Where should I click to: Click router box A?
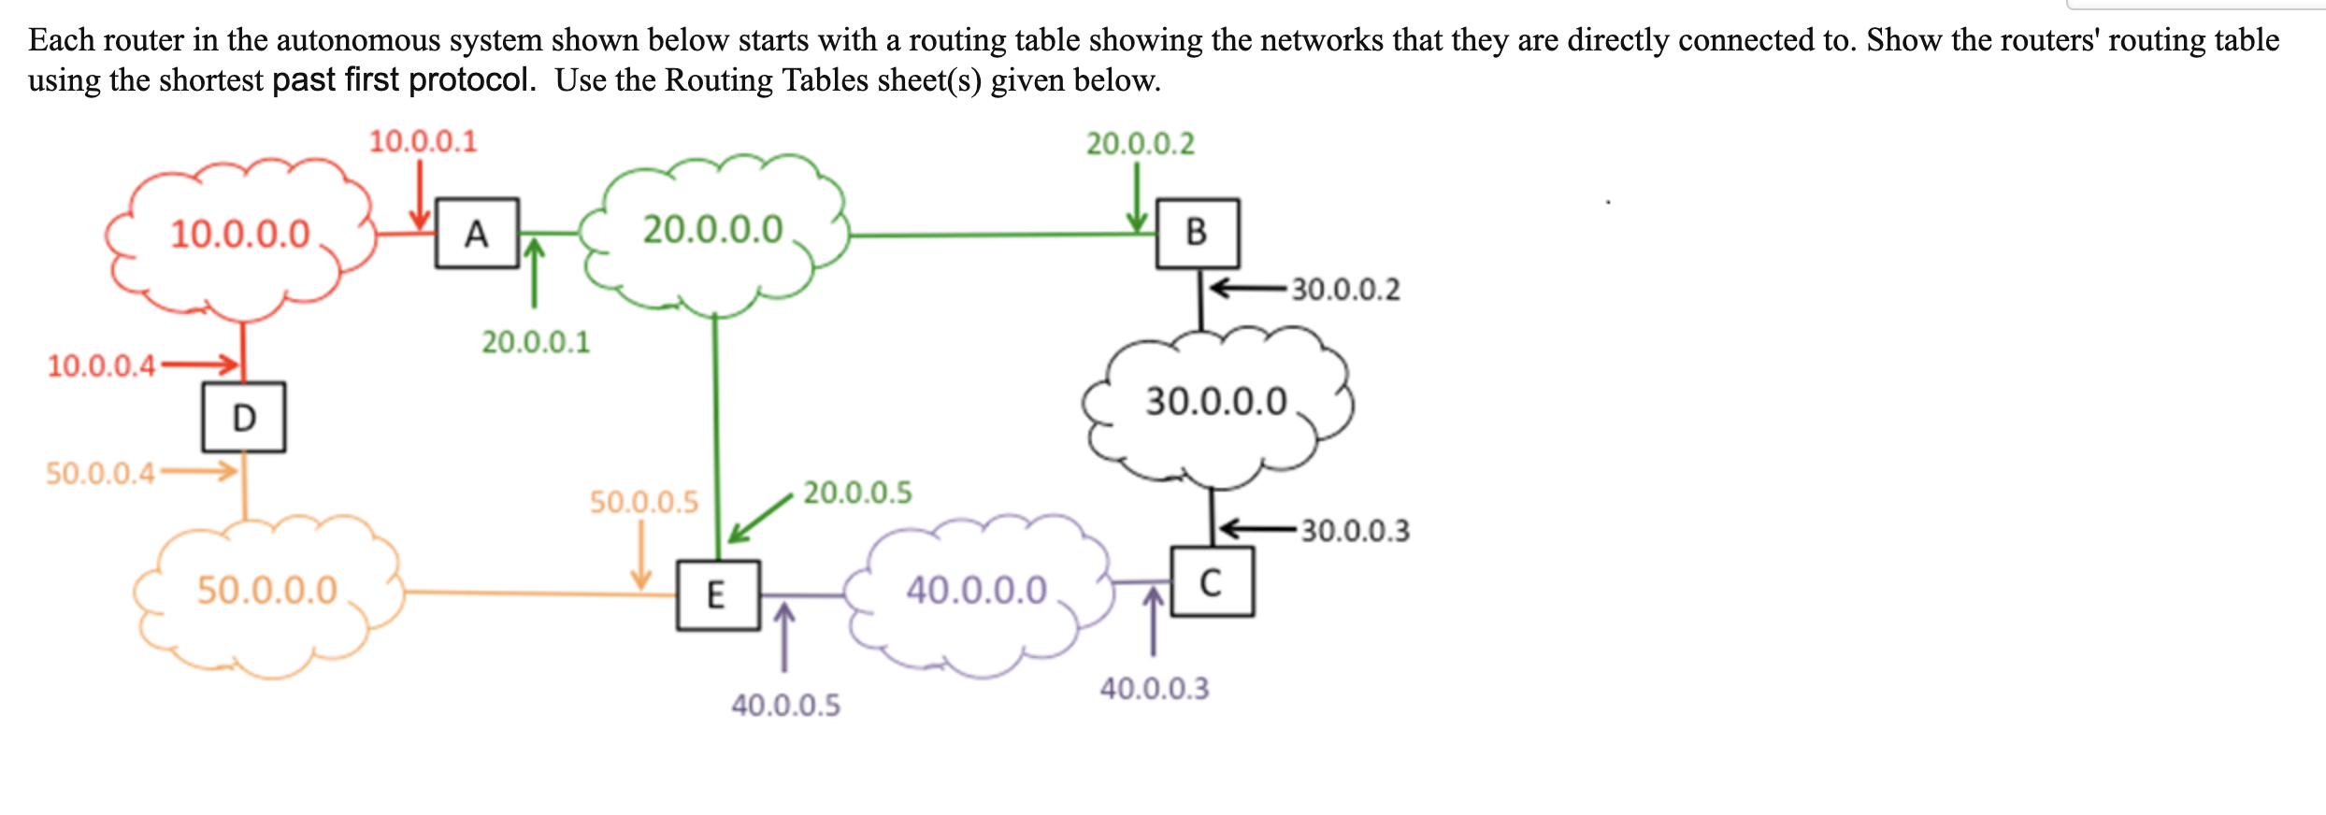pos(477,233)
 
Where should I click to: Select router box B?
pos(1198,233)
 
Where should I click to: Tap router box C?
pos(1212,582)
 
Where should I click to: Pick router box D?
pos(244,417)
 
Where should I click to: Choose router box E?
pos(718,595)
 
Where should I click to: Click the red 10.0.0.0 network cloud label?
pos(239,234)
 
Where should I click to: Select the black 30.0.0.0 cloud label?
pos(1216,402)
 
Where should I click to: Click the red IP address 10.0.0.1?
pos(423,142)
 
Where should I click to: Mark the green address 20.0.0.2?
pos(1140,144)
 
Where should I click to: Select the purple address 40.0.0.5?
pos(785,705)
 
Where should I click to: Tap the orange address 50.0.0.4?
pos(100,474)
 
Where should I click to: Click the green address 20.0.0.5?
pos(857,493)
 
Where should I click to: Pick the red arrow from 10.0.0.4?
pos(200,364)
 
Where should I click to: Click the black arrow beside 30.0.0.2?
pos(1248,287)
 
